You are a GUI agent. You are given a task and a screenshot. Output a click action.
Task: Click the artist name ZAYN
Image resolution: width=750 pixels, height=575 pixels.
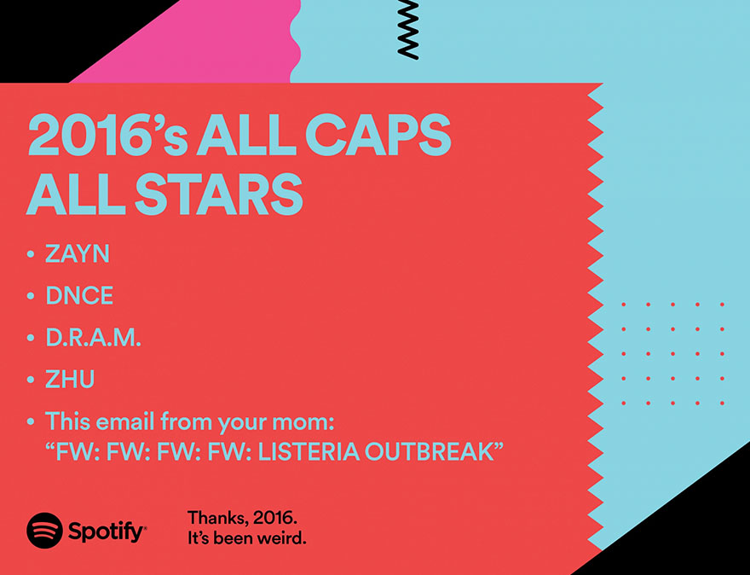(78, 254)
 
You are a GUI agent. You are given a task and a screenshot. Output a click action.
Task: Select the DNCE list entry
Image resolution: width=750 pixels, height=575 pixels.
(79, 296)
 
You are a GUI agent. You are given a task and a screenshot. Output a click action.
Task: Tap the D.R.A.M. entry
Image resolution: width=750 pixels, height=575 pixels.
(93, 338)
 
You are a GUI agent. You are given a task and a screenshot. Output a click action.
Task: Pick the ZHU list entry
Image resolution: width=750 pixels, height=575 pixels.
(70, 380)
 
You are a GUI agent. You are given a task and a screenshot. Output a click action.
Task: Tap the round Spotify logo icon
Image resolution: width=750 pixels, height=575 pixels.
(44, 531)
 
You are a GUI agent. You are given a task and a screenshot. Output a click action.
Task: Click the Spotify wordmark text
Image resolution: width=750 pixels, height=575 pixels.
(107, 532)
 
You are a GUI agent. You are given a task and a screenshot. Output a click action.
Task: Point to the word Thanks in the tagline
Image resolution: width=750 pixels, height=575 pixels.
(216, 519)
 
